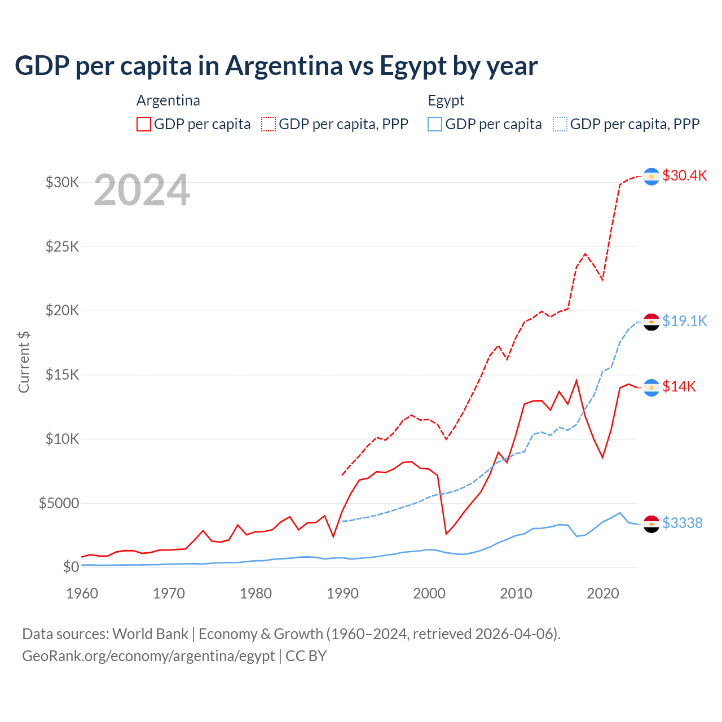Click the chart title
tap(276, 66)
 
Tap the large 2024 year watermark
tap(142, 190)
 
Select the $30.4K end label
tap(684, 175)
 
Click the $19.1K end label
tap(684, 321)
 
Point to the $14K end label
tap(679, 386)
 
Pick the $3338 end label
tap(682, 523)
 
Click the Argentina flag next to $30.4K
tap(651, 177)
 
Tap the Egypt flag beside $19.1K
tap(651, 322)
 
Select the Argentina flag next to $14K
tap(651, 388)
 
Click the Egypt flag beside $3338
tap(651, 524)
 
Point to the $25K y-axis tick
tap(62, 246)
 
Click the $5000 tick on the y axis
tap(59, 503)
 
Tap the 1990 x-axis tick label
tap(342, 593)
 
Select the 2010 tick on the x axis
tap(516, 593)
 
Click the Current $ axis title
tap(24, 362)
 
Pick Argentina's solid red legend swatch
tap(144, 124)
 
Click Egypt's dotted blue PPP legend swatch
tap(560, 124)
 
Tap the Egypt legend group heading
tap(446, 100)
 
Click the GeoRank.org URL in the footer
tap(148, 656)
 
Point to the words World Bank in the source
tap(150, 634)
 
